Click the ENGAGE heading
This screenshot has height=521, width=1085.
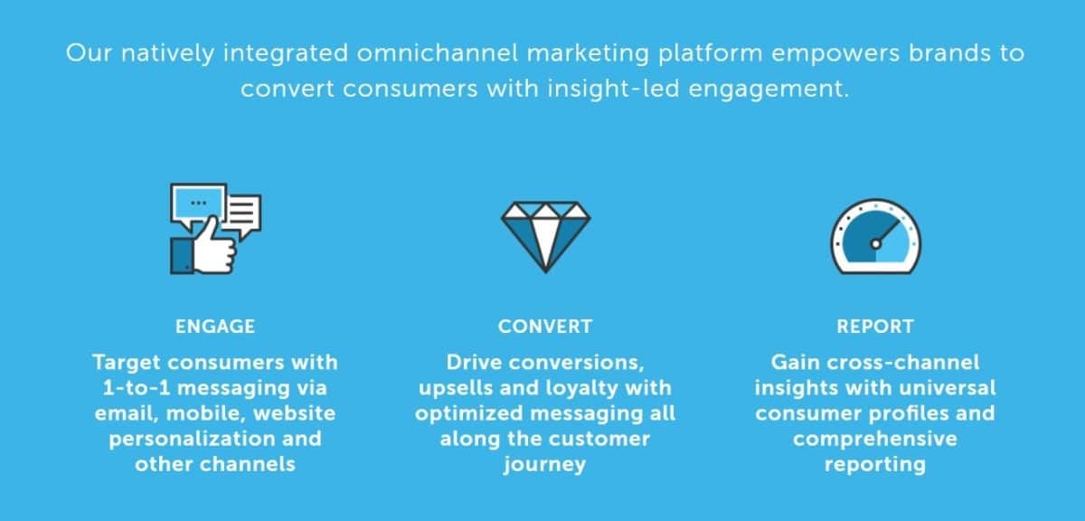[x=215, y=327]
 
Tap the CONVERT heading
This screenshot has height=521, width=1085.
[x=545, y=327]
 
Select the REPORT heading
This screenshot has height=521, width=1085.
[x=875, y=327]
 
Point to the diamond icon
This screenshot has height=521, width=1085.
[x=545, y=237]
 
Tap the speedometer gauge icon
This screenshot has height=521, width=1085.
[x=876, y=236]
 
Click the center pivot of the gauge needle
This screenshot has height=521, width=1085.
[x=876, y=244]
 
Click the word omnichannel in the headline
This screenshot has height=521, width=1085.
[x=438, y=52]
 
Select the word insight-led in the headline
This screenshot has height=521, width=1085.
[x=614, y=90]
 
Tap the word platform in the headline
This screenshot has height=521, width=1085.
[x=710, y=53]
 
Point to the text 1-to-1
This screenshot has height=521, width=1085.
[x=137, y=388]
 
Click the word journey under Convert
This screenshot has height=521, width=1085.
[x=545, y=465]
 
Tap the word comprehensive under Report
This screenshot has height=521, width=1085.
[x=875, y=440]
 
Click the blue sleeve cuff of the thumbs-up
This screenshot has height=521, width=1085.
[x=182, y=255]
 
